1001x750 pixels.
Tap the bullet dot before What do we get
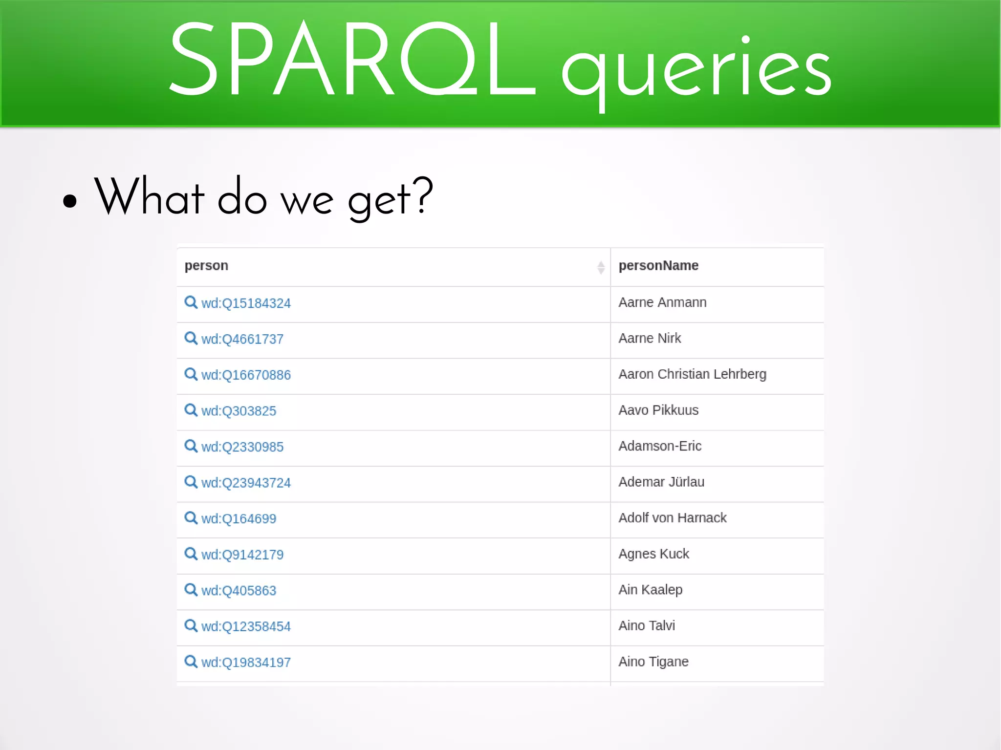pos(70,201)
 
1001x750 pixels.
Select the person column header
pos(206,266)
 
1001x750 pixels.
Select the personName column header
pos(658,266)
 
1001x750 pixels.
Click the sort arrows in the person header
pos(601,267)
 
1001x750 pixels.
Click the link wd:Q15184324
pos(246,303)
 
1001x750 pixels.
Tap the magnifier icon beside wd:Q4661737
pos(191,338)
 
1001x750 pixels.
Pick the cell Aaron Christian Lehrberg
pos(692,374)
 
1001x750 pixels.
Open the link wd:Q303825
pos(239,411)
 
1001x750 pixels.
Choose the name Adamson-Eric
pos(660,446)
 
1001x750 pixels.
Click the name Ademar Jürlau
pos(661,482)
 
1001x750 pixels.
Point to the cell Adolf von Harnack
pos(672,518)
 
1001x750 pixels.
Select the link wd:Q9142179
pos(242,555)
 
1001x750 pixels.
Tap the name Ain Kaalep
pos(650,590)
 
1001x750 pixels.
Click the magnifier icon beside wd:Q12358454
pos(191,625)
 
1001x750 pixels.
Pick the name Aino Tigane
pos(653,662)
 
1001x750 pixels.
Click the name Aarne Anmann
pos(662,302)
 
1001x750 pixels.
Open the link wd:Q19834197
pos(246,663)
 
